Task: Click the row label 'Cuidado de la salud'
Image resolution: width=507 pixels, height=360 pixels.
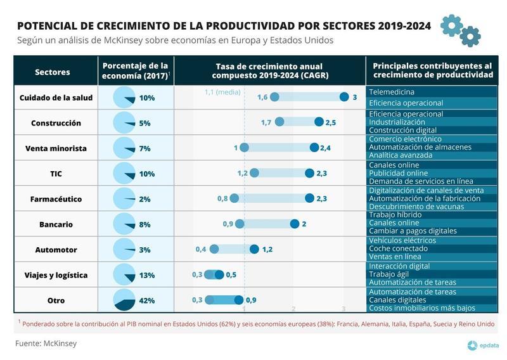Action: (x=56, y=98)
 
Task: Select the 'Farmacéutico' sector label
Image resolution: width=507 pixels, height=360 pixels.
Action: (x=56, y=199)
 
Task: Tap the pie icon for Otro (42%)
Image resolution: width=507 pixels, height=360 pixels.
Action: (x=124, y=300)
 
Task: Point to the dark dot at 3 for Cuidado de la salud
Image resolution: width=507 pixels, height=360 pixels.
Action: (x=344, y=97)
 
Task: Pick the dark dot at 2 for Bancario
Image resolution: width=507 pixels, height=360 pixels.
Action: (x=295, y=224)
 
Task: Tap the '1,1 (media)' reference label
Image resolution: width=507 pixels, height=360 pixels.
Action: (x=222, y=92)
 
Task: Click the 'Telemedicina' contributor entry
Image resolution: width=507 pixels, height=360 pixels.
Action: (x=392, y=92)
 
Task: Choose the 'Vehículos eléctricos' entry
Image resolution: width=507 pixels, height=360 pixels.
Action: (x=402, y=240)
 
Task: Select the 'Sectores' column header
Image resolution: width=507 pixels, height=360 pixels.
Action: (x=53, y=72)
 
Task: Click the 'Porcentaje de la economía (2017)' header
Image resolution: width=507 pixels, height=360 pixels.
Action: (x=136, y=70)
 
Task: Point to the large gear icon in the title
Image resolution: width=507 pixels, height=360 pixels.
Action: (x=451, y=24)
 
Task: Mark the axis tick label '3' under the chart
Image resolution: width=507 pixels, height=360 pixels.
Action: (x=343, y=309)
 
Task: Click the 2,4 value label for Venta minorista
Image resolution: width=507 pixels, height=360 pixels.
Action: (x=326, y=148)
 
